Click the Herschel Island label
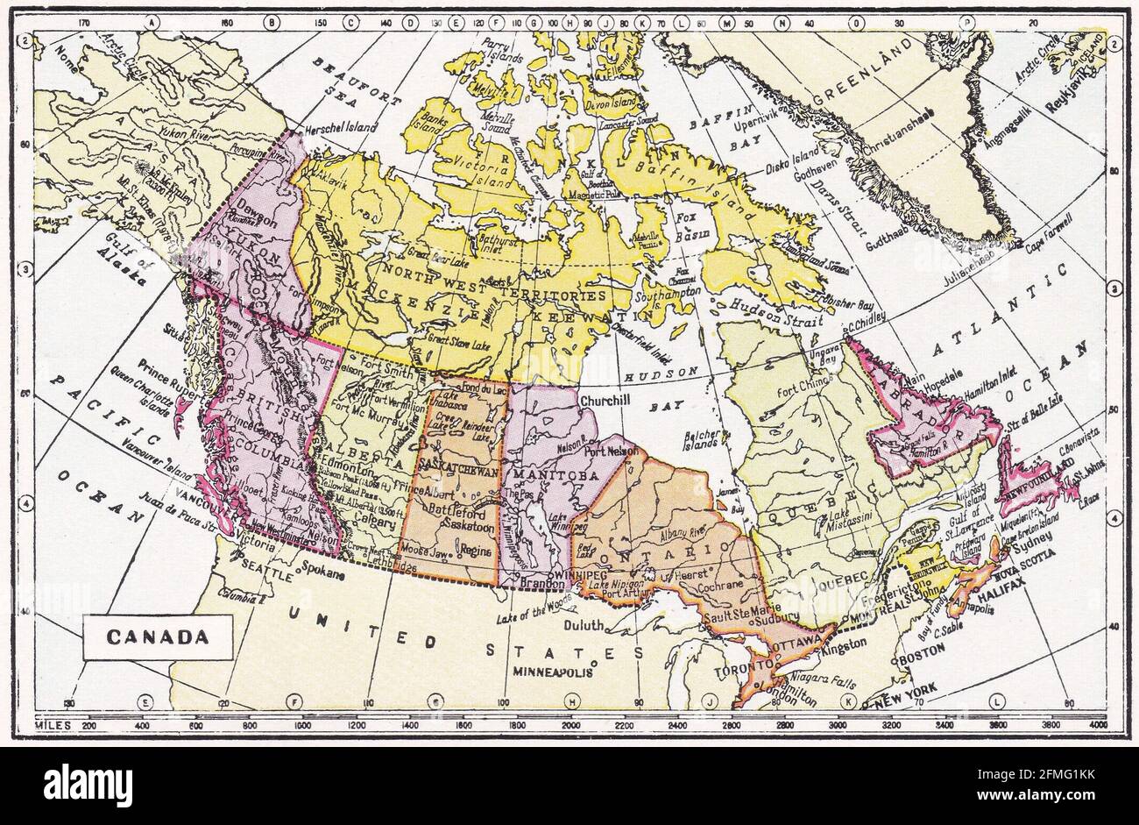point(341,127)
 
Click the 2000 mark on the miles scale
point(570,725)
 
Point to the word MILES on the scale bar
point(53,725)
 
